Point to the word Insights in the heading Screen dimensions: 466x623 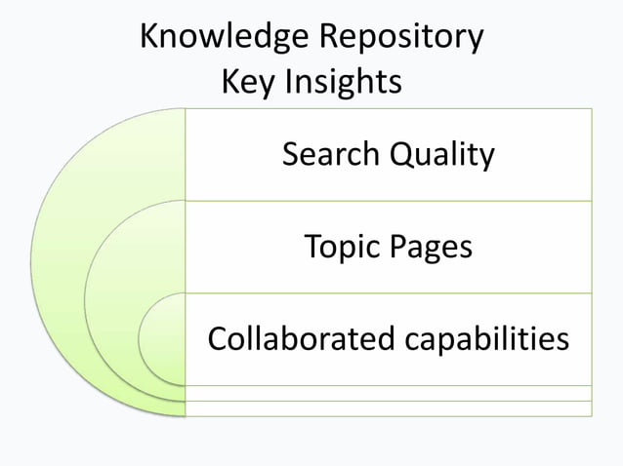coord(343,82)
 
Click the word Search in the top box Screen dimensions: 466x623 coord(332,154)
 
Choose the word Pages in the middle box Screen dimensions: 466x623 coord(431,247)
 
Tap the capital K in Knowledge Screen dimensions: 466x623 coord(149,37)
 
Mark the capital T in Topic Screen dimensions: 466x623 coord(312,247)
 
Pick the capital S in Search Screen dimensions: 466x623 coord(291,154)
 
